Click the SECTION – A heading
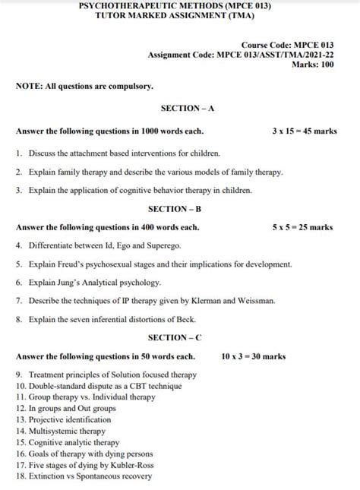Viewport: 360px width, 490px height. pyautogui.click(x=182, y=109)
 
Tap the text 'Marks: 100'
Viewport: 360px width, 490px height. pyautogui.click(x=312, y=65)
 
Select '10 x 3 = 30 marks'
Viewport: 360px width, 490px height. pyautogui.click(x=254, y=356)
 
